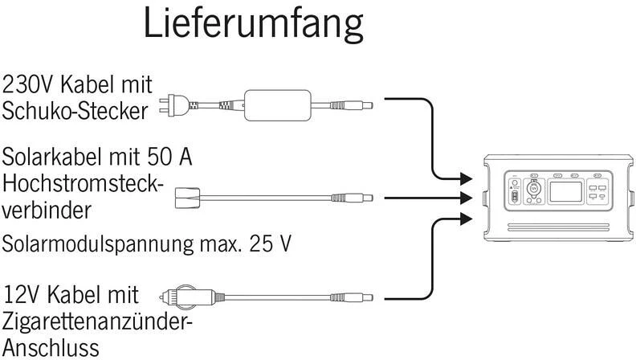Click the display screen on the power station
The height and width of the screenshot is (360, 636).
pos(560,194)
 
